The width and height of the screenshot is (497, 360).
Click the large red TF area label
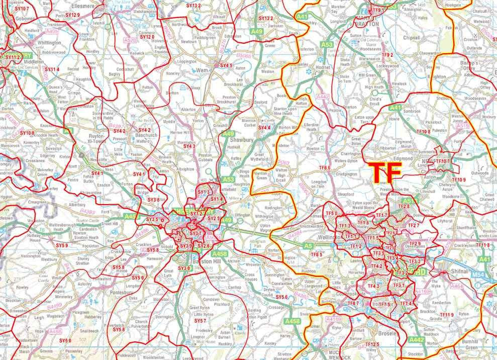[385, 172]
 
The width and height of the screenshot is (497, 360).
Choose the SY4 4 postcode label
[264, 128]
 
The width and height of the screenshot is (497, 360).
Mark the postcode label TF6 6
[324, 167]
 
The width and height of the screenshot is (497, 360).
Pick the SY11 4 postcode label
[52, 69]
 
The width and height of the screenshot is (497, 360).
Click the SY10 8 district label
[27, 133]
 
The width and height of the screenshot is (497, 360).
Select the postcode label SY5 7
[200, 320]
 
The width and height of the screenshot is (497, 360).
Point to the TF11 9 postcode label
[445, 315]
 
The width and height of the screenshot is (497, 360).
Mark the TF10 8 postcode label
[422, 132]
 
